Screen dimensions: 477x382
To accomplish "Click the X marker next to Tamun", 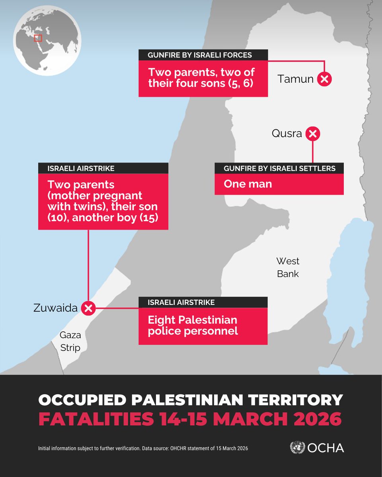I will click(324, 79).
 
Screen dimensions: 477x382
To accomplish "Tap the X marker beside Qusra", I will click(312, 134).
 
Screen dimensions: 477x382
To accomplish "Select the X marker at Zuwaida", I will click(88, 308).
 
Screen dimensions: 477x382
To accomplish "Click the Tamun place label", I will click(296, 79).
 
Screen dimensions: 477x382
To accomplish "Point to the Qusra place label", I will click(287, 134).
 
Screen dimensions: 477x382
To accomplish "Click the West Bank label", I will click(288, 267).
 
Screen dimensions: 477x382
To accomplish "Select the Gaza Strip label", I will click(70, 341).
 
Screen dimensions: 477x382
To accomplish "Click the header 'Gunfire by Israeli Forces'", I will click(200, 55).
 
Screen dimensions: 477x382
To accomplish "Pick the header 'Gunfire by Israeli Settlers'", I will click(279, 168).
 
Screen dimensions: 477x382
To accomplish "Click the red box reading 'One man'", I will click(279, 184).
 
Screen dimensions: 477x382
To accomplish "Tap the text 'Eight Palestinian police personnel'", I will click(193, 325).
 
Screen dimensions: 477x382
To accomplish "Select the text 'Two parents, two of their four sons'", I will click(202, 78).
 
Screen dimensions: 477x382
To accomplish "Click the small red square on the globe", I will click(38, 38).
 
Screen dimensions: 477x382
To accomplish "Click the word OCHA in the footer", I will click(326, 448).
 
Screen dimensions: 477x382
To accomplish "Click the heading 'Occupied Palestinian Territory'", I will click(190, 399).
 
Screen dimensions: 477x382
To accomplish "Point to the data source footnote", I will click(143, 448).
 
